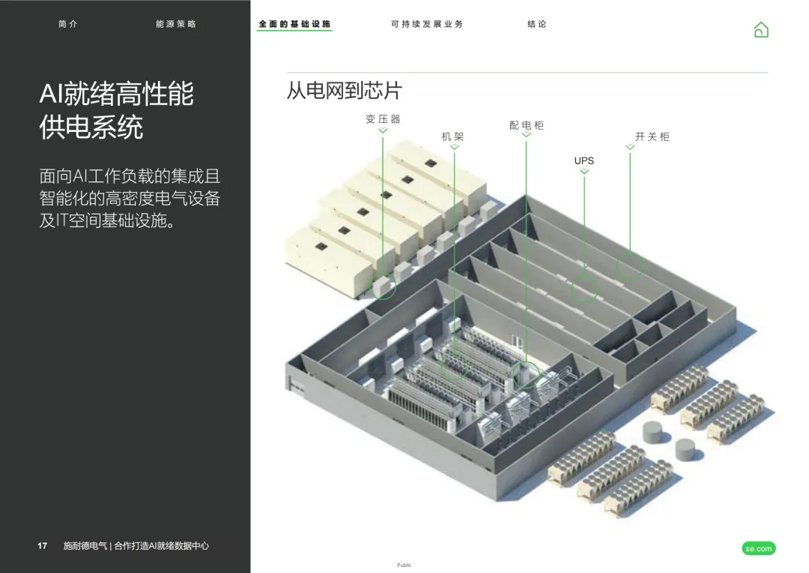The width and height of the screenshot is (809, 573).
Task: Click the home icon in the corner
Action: click(x=761, y=30)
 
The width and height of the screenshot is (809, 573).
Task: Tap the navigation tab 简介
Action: click(x=67, y=24)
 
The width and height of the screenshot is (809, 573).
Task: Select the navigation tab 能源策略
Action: click(x=176, y=24)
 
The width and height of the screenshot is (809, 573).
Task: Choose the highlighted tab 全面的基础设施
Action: click(x=294, y=24)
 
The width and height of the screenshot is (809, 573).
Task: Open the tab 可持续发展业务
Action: click(x=427, y=24)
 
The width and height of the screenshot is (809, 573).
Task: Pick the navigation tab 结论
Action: click(x=537, y=24)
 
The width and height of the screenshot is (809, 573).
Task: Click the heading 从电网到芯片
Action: click(x=345, y=91)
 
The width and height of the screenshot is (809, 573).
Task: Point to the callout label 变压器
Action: click(x=383, y=119)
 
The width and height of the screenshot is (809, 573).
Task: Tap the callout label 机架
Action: click(x=453, y=136)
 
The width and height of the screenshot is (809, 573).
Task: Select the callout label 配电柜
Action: click(x=527, y=125)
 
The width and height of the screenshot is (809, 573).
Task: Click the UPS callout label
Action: click(x=584, y=160)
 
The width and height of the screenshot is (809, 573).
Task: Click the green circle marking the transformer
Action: click(x=384, y=287)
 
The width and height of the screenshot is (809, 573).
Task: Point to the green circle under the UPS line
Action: click(x=584, y=289)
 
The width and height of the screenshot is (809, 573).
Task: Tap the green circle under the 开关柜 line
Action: click(x=630, y=266)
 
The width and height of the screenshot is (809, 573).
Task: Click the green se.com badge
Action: click(x=759, y=549)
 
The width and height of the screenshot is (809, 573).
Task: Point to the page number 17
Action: click(x=43, y=546)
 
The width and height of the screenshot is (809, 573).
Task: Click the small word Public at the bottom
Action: click(x=404, y=565)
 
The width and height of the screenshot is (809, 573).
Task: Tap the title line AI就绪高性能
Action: click(x=117, y=94)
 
